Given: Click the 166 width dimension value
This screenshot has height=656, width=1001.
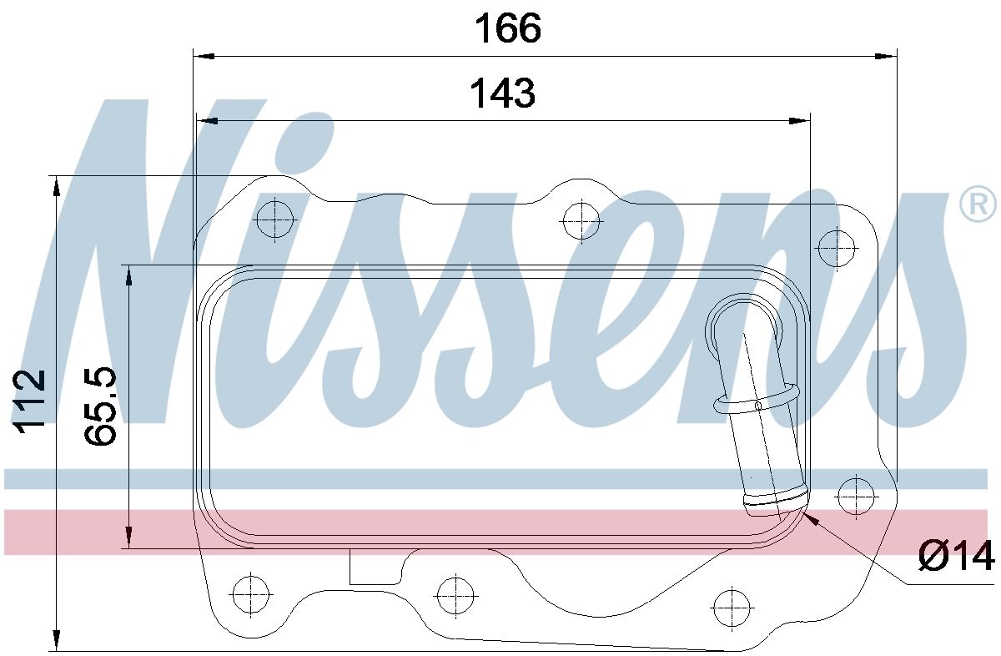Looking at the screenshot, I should [x=507, y=29].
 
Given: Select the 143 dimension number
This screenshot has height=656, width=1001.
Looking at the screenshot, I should [x=501, y=93].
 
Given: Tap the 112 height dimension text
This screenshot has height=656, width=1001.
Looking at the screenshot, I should [x=30, y=401].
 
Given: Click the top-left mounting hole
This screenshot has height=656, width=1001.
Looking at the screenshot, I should [x=276, y=220].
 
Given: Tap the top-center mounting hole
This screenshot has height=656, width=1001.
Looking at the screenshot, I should [x=581, y=221].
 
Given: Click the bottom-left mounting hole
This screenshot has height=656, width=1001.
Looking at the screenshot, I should [x=249, y=594].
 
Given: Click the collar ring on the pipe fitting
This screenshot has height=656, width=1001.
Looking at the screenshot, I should [x=756, y=403].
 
